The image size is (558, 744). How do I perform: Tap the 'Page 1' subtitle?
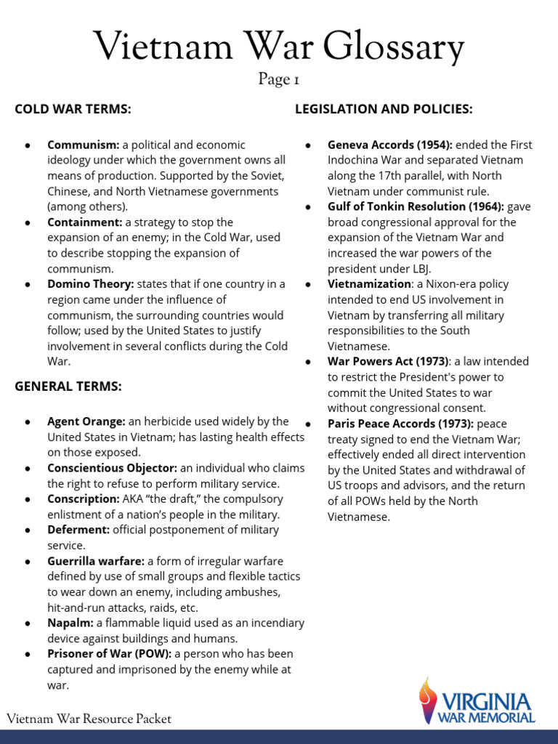(279, 79)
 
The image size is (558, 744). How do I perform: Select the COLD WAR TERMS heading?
(73, 109)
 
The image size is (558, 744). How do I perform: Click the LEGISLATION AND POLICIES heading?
(384, 109)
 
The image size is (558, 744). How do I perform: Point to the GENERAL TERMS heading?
(68, 386)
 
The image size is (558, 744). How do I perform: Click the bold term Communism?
(83, 145)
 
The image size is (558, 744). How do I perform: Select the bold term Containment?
(84, 222)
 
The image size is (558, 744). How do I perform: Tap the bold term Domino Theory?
(91, 283)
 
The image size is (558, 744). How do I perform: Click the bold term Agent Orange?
(86, 421)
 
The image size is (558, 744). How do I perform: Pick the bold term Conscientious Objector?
(112, 468)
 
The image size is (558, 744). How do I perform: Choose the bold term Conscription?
(83, 499)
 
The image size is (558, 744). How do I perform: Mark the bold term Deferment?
(78, 530)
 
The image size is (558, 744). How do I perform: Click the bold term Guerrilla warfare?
(96, 561)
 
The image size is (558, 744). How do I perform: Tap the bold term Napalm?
(70, 623)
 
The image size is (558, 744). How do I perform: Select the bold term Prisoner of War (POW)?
(109, 654)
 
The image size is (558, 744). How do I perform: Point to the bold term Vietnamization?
(368, 283)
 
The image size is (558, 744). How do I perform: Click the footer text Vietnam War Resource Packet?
(89, 719)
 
